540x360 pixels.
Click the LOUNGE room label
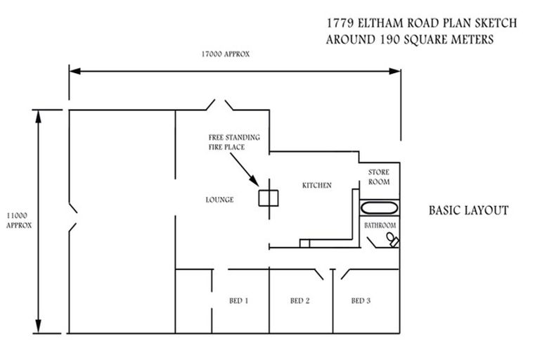[220, 200]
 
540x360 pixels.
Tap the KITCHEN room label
[316, 185]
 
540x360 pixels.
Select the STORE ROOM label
[379, 177]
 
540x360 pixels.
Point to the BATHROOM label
[380, 226]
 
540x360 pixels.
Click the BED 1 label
[239, 301]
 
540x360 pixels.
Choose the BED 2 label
[300, 301]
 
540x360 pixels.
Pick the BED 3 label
[361, 301]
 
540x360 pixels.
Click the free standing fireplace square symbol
[268, 199]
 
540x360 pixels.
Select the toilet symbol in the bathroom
[390, 240]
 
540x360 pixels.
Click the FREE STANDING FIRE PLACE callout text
[233, 142]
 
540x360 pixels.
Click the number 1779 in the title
[340, 23]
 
